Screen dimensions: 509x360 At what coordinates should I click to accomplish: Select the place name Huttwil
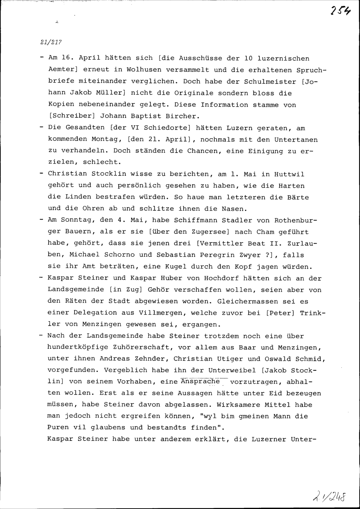click(x=289, y=174)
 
